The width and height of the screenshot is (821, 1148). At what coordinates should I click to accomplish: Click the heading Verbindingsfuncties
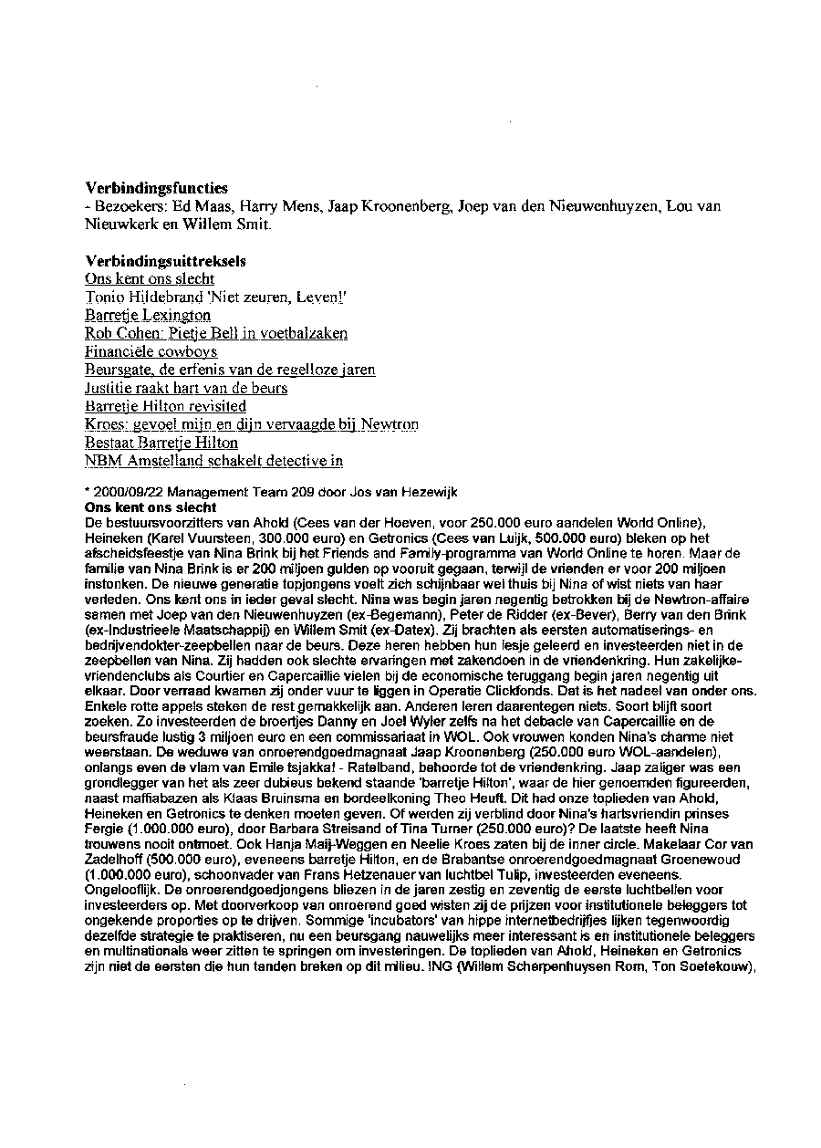pos(156,188)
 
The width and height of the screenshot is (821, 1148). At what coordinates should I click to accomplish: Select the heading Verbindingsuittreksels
pos(165,261)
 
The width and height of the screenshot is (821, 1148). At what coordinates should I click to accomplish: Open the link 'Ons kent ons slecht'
pos(150,279)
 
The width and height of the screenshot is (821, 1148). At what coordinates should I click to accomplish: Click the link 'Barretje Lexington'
pos(148,316)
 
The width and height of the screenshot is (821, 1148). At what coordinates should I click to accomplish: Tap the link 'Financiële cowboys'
pos(151,352)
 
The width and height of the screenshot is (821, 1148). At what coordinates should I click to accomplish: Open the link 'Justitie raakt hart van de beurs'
pos(186,389)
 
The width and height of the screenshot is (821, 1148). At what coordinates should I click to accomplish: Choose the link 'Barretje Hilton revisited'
pos(165,407)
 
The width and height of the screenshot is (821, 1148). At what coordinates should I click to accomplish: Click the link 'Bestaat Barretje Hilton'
pos(161,444)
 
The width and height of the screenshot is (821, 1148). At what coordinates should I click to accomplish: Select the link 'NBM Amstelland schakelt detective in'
pos(213,462)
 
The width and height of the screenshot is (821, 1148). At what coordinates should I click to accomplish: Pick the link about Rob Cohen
pos(216,334)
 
